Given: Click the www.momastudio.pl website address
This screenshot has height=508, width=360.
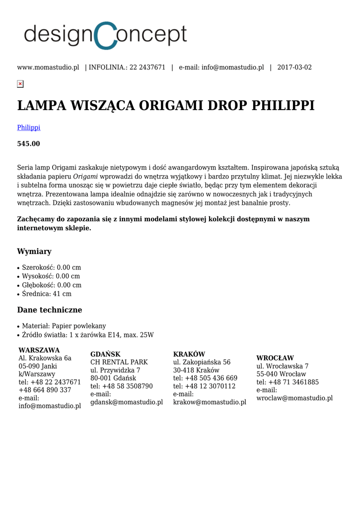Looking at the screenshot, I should tap(48, 67).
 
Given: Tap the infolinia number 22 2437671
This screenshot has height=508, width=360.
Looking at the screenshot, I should tap(147, 67).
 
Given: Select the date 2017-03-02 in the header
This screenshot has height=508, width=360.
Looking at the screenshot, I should tap(294, 67).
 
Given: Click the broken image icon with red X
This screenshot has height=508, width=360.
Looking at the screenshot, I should tap(20, 84).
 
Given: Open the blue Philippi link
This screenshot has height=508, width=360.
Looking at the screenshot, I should tap(29, 127).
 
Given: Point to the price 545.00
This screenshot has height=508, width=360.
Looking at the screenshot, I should tap(29, 144).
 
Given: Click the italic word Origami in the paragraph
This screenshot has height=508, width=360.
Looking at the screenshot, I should tap(85, 177).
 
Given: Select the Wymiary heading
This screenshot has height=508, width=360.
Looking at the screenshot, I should tap(34, 252).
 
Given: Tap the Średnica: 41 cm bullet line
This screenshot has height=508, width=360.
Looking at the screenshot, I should tap(47, 294).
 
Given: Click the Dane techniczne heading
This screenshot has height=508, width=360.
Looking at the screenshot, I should tap(50, 310).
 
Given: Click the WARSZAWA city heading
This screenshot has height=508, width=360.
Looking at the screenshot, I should tap(39, 350).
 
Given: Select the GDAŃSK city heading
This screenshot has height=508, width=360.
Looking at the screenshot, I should tap(105, 354).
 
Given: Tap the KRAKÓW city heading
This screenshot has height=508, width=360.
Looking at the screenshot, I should tap(189, 354).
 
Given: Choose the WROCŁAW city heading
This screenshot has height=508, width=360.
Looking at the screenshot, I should tap(275, 358).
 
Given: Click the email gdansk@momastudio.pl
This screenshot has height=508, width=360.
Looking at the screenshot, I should tap(127, 402).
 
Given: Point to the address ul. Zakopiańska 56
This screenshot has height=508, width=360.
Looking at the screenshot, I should tap(202, 362).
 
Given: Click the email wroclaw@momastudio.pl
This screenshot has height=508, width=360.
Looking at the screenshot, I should tap(294, 398).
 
